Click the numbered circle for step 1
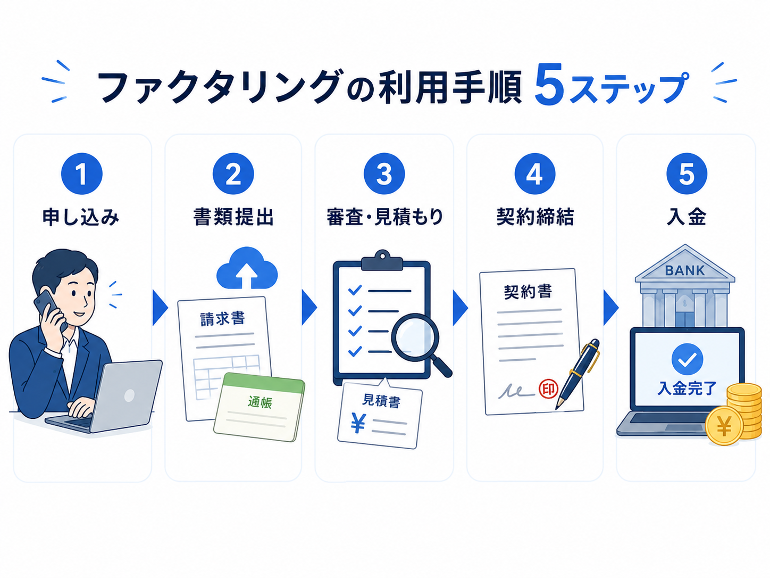[81, 174]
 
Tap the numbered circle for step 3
[384, 174]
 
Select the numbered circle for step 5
[687, 174]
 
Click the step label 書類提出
[233, 217]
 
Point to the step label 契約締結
[535, 217]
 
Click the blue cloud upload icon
[247, 268]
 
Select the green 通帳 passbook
[260, 407]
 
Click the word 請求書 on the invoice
[222, 319]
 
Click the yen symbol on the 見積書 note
[358, 423]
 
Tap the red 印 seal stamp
[548, 389]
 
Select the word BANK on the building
[685, 270]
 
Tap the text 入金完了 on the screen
[687, 389]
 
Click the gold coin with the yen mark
[724, 426]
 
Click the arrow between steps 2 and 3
[309, 308]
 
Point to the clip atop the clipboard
[382, 260]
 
